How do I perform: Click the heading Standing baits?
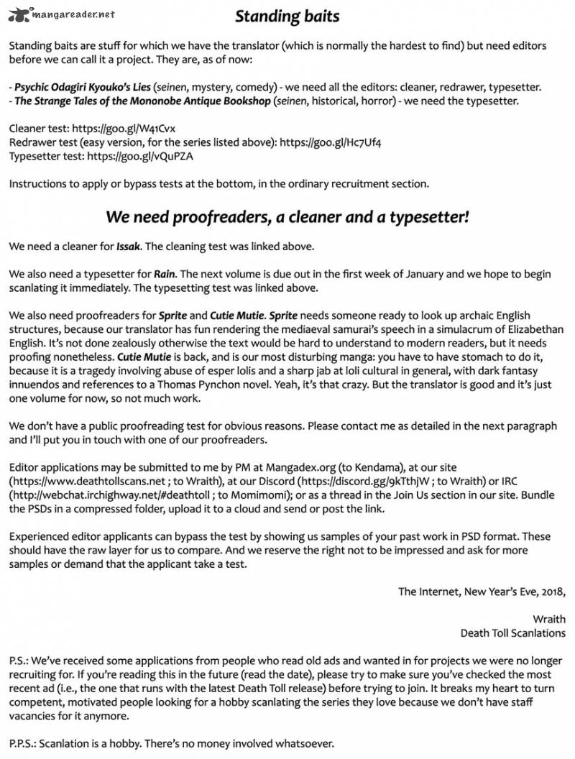coord(287,16)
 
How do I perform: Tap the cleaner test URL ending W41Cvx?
coord(121,129)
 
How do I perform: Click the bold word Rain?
coord(165,274)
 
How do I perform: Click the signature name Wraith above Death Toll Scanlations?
coord(548,619)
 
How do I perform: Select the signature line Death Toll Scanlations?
coord(512,632)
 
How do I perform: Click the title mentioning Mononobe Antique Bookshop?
coord(142,101)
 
